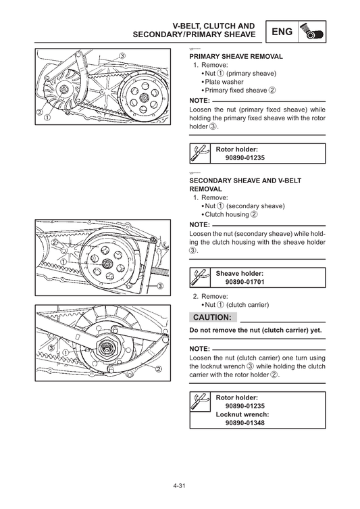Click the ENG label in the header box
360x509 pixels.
[x=282, y=32]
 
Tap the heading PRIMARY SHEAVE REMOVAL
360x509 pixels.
[x=236, y=57]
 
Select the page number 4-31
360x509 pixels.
[x=179, y=486]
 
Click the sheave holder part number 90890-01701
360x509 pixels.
[x=245, y=282]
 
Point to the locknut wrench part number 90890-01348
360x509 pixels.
[x=245, y=422]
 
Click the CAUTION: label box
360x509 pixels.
[x=213, y=317]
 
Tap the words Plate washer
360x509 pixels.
[x=224, y=82]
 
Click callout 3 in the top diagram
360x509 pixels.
[x=122, y=55]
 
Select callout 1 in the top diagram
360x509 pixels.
[x=47, y=118]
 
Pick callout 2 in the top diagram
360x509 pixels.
[x=40, y=112]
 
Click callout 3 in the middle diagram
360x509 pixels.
[x=160, y=286]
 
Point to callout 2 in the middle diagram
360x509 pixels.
[x=55, y=243]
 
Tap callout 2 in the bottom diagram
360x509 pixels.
[x=159, y=369]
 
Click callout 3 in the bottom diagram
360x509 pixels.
[x=51, y=348]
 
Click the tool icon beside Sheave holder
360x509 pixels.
[x=200, y=278]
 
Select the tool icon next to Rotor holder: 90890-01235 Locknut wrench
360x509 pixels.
[x=200, y=402]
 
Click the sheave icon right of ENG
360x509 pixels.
[x=312, y=32]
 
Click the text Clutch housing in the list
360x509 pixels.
[x=227, y=214]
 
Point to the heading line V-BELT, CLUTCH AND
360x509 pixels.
[x=213, y=26]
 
